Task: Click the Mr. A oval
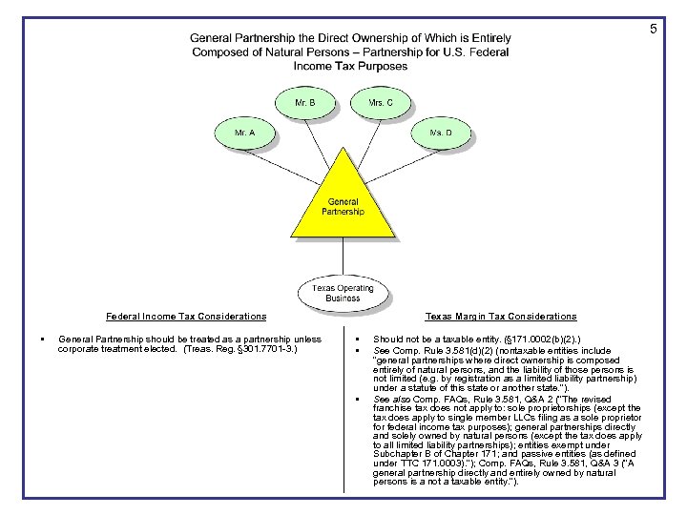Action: pyautogui.click(x=245, y=134)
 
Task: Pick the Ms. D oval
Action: pyautogui.click(x=441, y=134)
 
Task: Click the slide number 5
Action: pyautogui.click(x=654, y=30)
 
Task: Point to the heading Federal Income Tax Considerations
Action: pyautogui.click(x=186, y=317)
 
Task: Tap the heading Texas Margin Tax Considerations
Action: pyautogui.click(x=501, y=317)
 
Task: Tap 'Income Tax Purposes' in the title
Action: pyautogui.click(x=350, y=67)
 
